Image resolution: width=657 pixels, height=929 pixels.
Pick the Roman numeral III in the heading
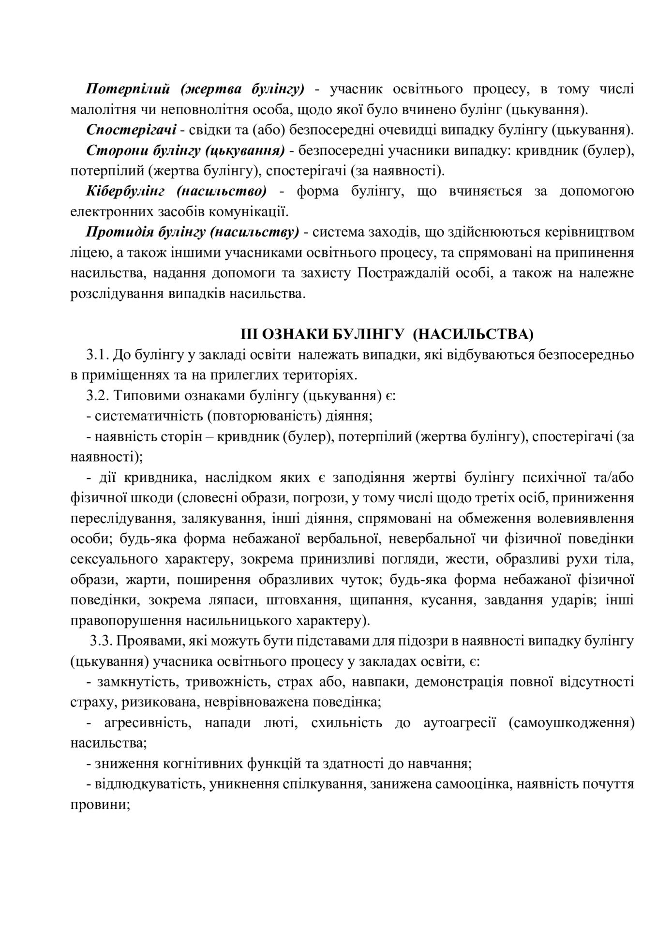pos(248,334)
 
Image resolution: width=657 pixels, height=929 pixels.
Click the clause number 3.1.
pos(96,355)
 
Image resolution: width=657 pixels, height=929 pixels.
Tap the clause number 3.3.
pos(100,642)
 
